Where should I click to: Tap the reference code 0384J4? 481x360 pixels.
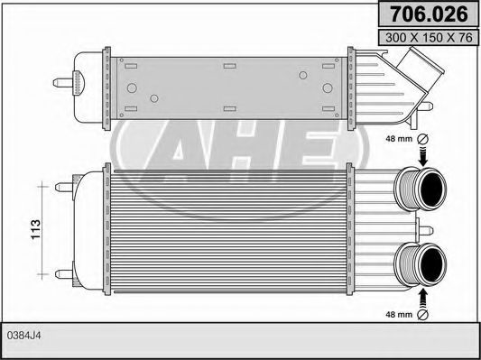click(x=24, y=337)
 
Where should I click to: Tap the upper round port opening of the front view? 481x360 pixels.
click(x=431, y=189)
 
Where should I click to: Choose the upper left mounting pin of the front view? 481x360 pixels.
click(x=63, y=189)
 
